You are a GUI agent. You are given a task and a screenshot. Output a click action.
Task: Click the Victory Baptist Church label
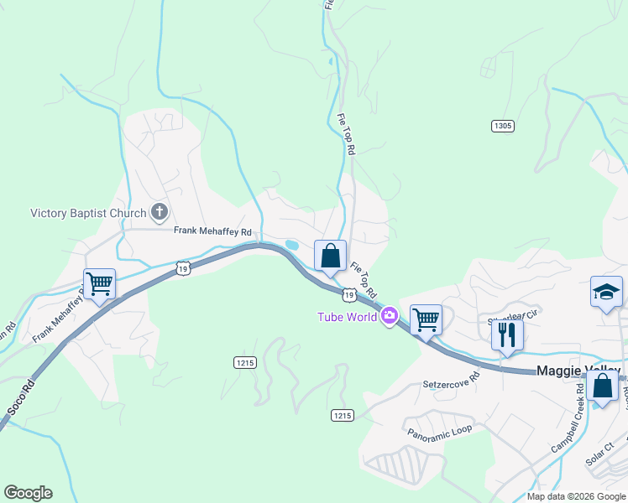[88, 213]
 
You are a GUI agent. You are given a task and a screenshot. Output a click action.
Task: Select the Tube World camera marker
[389, 316]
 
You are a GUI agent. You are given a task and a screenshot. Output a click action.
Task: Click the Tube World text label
[346, 316]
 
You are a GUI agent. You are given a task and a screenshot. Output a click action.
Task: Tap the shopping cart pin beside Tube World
[426, 319]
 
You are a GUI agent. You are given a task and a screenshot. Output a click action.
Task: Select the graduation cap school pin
[605, 292]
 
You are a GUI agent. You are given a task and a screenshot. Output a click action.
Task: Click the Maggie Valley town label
[578, 371]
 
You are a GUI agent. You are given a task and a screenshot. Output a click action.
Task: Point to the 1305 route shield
[502, 126]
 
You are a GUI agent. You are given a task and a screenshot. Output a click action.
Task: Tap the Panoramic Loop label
[440, 431]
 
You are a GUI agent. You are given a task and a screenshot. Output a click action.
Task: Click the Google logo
[28, 493]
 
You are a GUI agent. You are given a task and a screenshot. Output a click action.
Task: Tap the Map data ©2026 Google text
[575, 496]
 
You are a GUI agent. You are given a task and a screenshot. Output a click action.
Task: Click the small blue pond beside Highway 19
[291, 245]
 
